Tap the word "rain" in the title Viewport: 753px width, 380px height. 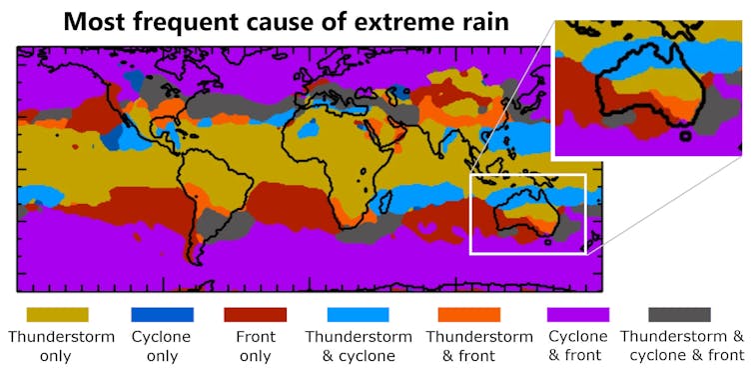click(473, 22)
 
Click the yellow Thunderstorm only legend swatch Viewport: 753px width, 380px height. click(57, 315)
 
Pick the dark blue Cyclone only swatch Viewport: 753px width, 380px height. click(161, 315)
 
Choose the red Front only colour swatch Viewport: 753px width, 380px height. click(256, 315)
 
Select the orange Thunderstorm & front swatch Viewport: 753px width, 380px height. click(464, 315)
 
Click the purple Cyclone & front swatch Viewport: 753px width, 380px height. click(577, 315)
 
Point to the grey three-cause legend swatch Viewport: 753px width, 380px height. click(679, 315)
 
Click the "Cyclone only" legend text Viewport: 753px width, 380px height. click(161, 345)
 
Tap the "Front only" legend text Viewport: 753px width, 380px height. click(256, 345)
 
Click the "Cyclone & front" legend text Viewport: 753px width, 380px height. click(577, 345)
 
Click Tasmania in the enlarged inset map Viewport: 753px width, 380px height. click(684, 135)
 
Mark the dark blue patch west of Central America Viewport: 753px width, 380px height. click(112, 135)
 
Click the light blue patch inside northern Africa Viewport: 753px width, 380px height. click(310, 128)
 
